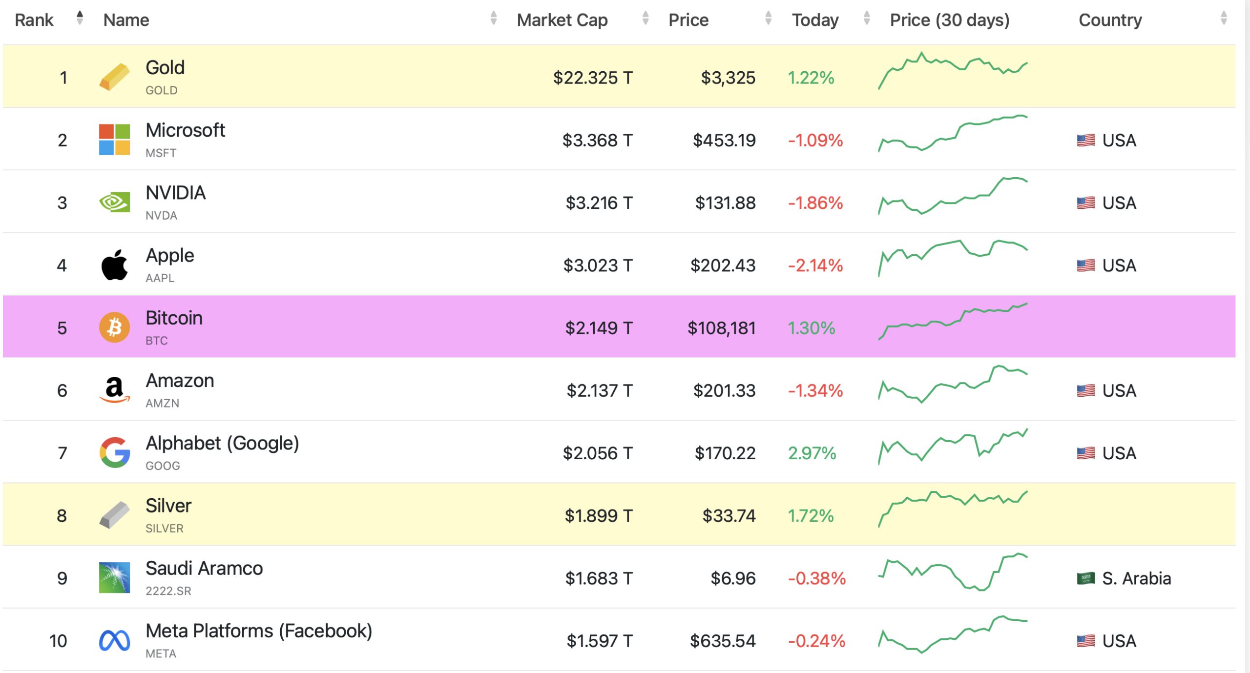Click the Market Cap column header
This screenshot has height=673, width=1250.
tap(562, 20)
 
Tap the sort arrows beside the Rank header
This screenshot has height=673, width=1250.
tap(80, 19)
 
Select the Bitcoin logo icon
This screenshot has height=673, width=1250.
tap(114, 327)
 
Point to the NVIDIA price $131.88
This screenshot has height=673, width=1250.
tap(725, 203)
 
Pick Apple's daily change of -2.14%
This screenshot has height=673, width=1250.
tap(815, 265)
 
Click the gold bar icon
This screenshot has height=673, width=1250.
tap(114, 77)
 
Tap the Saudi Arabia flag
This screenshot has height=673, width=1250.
tap(1085, 578)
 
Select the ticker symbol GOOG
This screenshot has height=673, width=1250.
tap(163, 466)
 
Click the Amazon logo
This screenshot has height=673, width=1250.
tap(114, 390)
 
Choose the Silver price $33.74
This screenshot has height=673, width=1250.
tap(729, 516)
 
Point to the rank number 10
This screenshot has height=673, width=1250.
tap(58, 641)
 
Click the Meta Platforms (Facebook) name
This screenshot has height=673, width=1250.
tap(259, 631)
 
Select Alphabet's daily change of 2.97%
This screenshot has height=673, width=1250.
tap(812, 453)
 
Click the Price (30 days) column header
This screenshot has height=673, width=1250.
tap(949, 20)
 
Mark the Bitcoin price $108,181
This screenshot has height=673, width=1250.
tap(721, 328)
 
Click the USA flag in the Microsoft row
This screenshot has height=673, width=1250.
tap(1085, 141)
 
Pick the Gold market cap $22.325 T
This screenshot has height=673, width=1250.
tap(592, 78)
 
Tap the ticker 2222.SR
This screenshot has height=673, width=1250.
tap(168, 591)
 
